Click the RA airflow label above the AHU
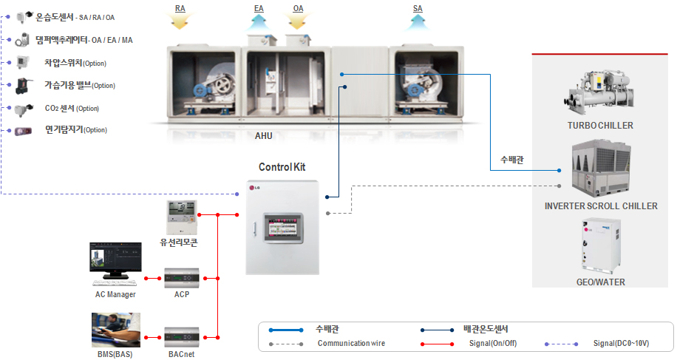pyautogui.click(x=180, y=8)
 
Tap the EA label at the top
pyautogui.click(x=259, y=8)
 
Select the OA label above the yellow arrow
pyautogui.click(x=298, y=8)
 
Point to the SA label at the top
pyautogui.click(x=418, y=8)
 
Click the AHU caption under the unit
pyautogui.click(x=264, y=136)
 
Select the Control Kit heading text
pyautogui.click(x=282, y=167)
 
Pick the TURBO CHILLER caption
pyautogui.click(x=600, y=126)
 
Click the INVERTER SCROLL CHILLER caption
pyautogui.click(x=601, y=206)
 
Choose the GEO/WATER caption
pyautogui.click(x=600, y=282)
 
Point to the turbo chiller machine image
pyautogui.click(x=599, y=90)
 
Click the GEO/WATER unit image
pyautogui.click(x=599, y=247)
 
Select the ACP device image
pyautogui.click(x=182, y=278)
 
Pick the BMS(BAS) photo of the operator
pyautogui.click(x=115, y=330)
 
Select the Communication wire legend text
pyautogui.click(x=351, y=343)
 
